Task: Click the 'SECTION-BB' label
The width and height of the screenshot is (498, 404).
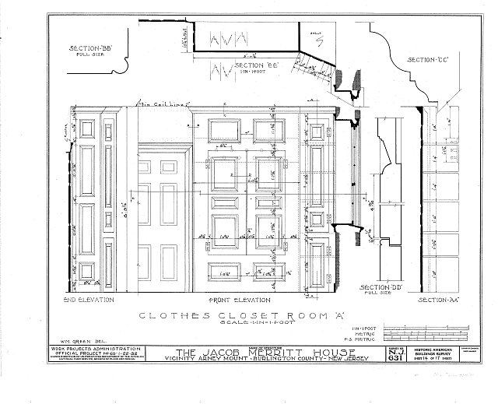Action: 90,48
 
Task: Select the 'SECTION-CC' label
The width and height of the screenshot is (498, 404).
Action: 431,60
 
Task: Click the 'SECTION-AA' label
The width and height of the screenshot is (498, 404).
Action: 436,300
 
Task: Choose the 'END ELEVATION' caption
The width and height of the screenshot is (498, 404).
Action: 89,300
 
